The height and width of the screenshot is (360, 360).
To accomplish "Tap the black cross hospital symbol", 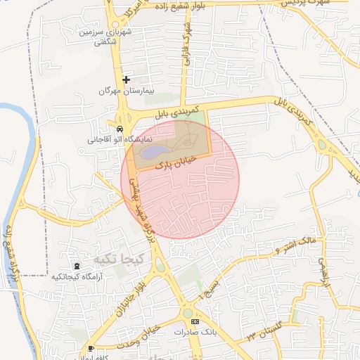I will coord(127,79).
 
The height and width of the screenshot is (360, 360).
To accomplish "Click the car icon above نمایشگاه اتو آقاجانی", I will coord(120,129).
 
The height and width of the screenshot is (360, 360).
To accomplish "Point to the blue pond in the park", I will coord(155,150).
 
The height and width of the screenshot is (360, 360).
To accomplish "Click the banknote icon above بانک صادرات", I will coord(195,321).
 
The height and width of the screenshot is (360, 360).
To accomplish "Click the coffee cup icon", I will coord(91,349).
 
